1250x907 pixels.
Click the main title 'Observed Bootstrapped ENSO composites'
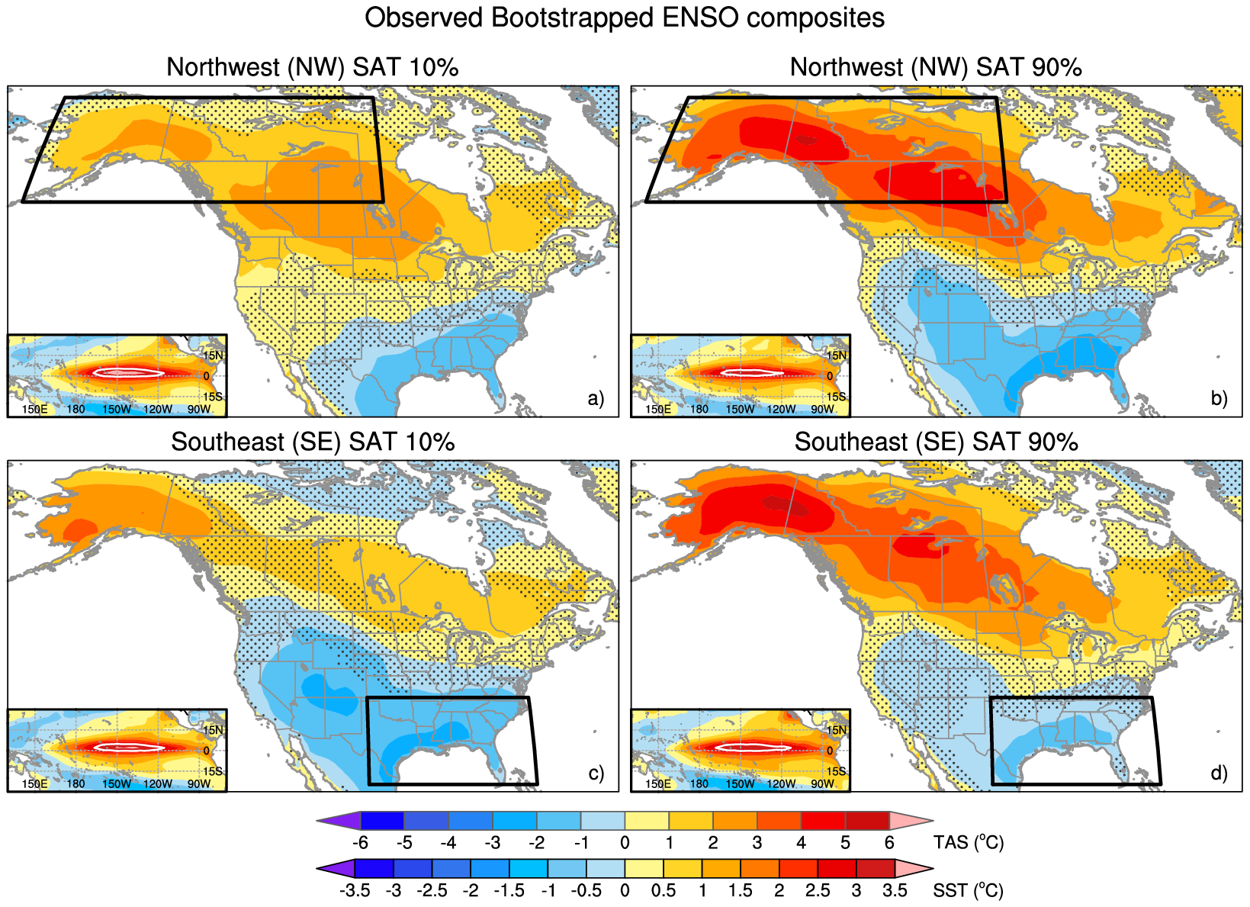(624, 18)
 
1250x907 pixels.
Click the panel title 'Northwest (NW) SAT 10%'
(312, 67)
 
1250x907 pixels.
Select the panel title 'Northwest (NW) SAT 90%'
(936, 67)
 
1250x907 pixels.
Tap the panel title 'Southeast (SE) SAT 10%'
(312, 442)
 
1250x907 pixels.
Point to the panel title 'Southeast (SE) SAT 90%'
(936, 442)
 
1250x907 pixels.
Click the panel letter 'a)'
(596, 398)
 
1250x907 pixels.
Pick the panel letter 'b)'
(1219, 398)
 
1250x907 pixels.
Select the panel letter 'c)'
(596, 773)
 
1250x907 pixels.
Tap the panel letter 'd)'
(1219, 773)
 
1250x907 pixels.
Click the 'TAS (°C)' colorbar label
(968, 843)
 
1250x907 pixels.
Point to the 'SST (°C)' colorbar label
(968, 890)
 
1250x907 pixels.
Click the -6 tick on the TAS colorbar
(361, 843)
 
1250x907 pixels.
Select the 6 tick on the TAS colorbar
(889, 843)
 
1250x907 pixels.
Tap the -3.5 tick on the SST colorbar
(355, 890)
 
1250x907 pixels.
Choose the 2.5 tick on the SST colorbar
(818, 890)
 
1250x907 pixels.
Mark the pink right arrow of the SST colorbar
(914, 868)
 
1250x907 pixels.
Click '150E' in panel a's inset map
(34, 410)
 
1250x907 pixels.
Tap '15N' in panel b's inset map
(837, 355)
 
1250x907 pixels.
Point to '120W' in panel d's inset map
(781, 784)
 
